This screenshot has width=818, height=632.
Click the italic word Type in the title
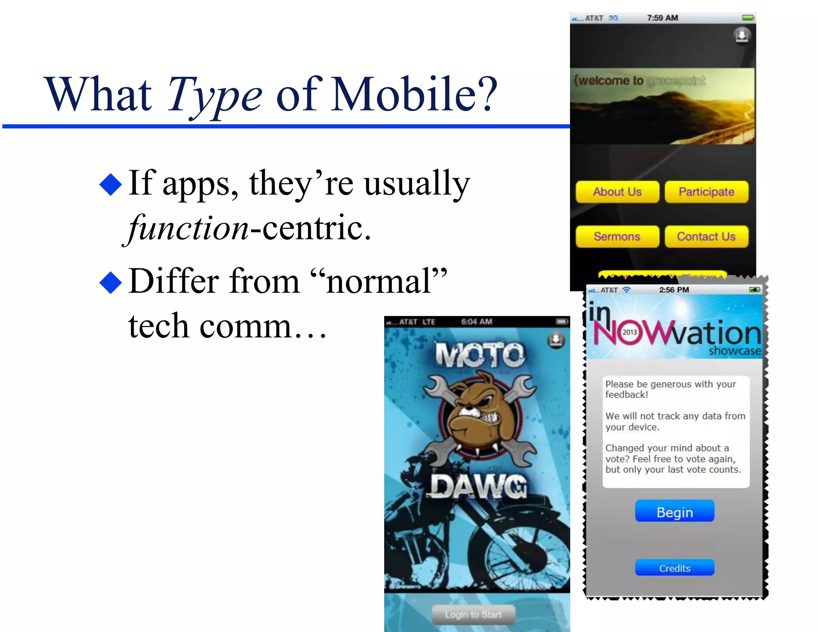point(214,95)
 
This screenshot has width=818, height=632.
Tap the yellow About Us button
point(617,192)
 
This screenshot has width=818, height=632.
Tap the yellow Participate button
point(706,192)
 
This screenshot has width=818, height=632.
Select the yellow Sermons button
point(617,237)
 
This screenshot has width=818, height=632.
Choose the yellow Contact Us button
point(706,237)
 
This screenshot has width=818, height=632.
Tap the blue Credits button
point(674,568)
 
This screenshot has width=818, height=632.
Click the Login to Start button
point(473,614)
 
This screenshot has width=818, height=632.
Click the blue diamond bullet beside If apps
point(111,185)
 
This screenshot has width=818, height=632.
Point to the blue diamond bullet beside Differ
point(111,282)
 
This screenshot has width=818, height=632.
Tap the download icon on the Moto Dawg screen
point(556,340)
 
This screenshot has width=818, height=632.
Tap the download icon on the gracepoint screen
point(742,36)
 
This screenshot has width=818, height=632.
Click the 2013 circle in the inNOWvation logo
point(629,332)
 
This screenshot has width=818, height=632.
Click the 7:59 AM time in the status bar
point(662,18)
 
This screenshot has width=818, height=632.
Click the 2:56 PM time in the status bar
point(674,290)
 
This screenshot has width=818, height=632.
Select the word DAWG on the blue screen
point(478,487)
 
